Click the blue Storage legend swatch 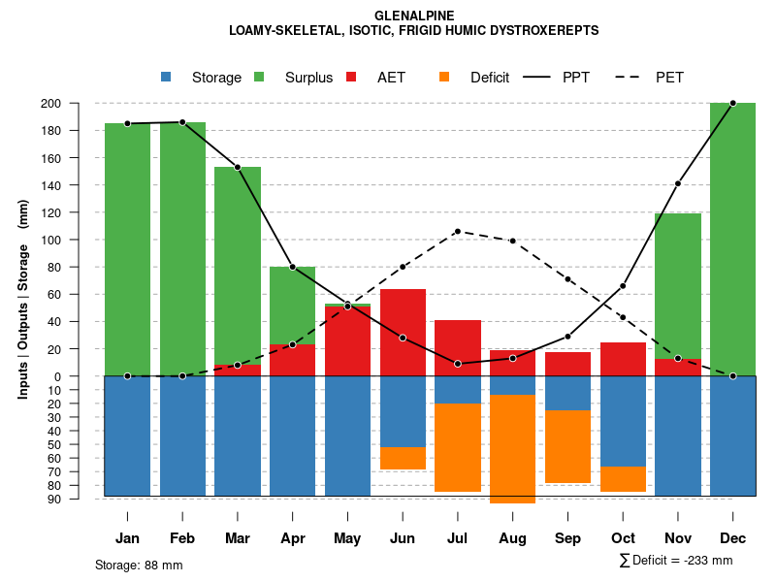[x=166, y=77]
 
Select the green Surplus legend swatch [x=259, y=77]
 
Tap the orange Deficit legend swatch [x=444, y=77]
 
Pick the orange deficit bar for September [x=567, y=446]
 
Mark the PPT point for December [x=732, y=103]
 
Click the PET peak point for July [x=457, y=232]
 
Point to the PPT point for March [x=237, y=167]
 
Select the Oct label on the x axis [x=623, y=538]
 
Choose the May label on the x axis [x=347, y=538]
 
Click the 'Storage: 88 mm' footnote [x=139, y=565]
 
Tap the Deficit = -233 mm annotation [x=676, y=560]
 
